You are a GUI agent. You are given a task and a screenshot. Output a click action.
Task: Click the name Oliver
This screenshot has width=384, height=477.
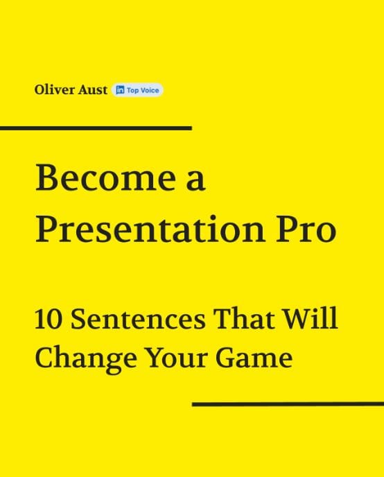[x=52, y=89]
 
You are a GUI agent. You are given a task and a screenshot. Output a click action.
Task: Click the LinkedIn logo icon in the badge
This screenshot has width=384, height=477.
[x=120, y=90]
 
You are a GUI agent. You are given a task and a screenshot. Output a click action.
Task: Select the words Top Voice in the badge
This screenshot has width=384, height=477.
[x=143, y=90]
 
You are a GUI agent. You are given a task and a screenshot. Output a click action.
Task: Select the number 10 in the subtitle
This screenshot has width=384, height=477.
[x=49, y=320]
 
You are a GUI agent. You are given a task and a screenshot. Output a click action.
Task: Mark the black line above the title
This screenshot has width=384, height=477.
[x=96, y=128]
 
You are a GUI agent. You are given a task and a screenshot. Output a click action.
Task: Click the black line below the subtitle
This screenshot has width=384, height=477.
[x=288, y=404]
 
